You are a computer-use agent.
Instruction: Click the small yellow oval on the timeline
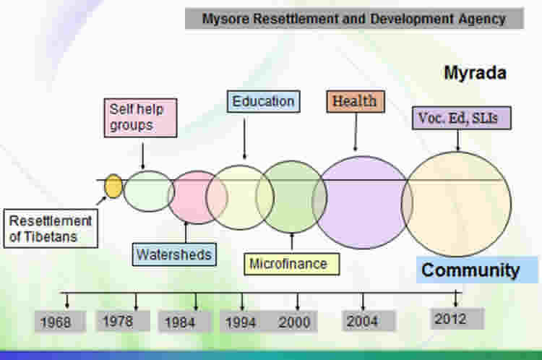113,186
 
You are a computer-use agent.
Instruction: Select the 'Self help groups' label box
141,118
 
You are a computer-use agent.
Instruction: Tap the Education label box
263,101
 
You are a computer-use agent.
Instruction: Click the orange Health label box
356,101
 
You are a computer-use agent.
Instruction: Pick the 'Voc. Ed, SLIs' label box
462,119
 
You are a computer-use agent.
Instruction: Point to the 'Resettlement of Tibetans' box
51,228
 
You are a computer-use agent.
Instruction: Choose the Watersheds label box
174,254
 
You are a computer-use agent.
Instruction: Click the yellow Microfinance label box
291,264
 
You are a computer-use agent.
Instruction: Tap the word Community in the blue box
470,270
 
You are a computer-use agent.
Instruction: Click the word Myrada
476,73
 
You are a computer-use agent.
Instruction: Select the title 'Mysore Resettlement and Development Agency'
354,19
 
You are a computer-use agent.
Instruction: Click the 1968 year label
56,322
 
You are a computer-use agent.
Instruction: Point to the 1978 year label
119,321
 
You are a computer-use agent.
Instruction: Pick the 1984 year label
181,322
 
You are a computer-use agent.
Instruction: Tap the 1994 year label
241,322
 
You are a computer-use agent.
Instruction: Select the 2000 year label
295,322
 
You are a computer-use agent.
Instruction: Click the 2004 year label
363,321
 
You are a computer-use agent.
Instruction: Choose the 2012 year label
451,319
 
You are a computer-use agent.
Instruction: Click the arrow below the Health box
356,132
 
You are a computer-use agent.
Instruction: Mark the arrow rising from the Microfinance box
292,241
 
